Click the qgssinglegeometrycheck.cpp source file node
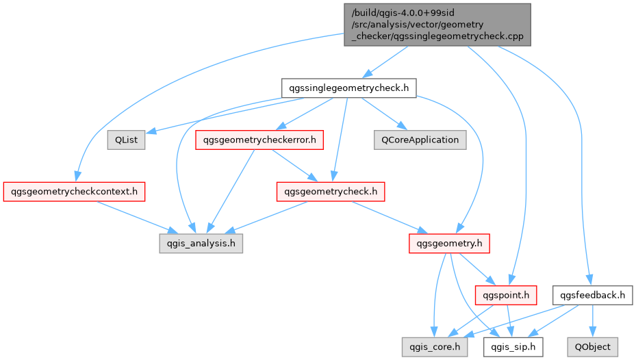click(x=437, y=25)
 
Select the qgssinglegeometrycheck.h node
click(x=349, y=88)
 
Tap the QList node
click(x=126, y=140)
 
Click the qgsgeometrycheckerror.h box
click(x=259, y=140)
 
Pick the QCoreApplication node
click(x=420, y=140)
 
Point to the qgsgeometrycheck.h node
click(x=330, y=191)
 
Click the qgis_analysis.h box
click(x=201, y=243)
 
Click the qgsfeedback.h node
click(x=593, y=295)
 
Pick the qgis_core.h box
click(x=435, y=347)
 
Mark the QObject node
click(x=593, y=347)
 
